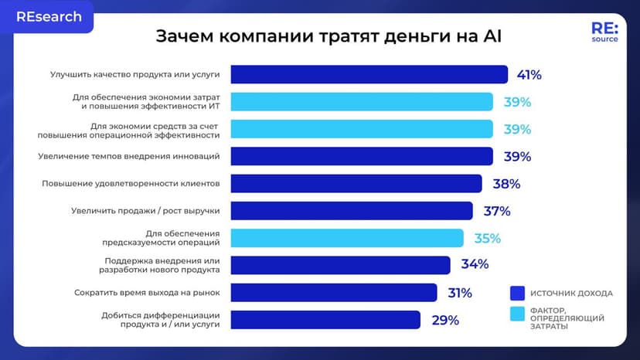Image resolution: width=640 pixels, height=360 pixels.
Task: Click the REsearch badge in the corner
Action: coord(49,17)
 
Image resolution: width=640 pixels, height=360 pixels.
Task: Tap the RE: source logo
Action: coord(604,32)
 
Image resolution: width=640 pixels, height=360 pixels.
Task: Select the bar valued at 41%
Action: coord(369,74)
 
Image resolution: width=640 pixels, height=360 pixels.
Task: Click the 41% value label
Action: coord(529,75)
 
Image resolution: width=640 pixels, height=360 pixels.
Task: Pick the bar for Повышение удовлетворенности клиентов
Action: coord(356,184)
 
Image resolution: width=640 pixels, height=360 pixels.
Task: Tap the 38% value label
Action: coord(506,184)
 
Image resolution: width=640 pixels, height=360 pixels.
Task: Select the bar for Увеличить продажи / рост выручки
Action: coord(352,211)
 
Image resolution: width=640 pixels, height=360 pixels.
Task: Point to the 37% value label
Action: coord(497,211)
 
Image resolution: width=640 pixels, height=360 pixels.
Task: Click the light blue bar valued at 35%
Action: coord(347,238)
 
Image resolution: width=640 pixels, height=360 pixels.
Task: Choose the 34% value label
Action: coord(475,264)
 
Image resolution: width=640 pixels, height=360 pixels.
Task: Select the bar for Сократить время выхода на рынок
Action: coord(333,293)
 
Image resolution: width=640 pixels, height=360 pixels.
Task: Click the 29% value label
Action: coord(445,320)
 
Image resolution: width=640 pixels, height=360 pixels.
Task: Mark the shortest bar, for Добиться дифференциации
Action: coord(325,320)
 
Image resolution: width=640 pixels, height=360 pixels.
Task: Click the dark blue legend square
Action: coord(518,293)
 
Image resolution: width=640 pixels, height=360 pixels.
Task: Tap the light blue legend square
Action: coord(518,314)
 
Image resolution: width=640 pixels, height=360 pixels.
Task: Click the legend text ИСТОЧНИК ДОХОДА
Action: coord(571,294)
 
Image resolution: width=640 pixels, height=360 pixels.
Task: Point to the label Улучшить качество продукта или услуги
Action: coord(135,75)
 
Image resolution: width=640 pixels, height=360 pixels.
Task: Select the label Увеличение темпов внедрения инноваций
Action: coord(129,156)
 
